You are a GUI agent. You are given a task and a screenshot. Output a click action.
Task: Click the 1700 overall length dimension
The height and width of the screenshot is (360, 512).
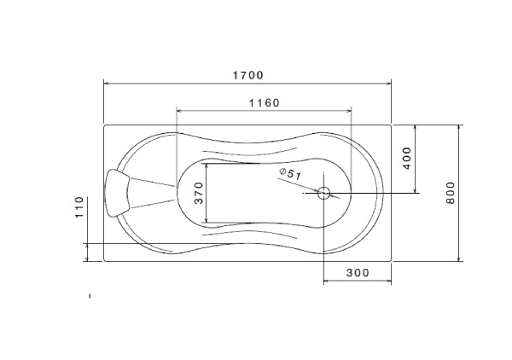tap(247, 75)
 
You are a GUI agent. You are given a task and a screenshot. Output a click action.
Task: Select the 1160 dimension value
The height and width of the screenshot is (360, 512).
tap(265, 103)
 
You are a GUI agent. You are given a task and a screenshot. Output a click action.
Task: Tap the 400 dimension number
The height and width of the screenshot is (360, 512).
tap(407, 159)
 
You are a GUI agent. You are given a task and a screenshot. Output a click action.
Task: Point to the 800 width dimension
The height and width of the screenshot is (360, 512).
tap(451, 193)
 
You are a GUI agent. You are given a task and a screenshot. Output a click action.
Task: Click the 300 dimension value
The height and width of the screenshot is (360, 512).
tap(358, 272)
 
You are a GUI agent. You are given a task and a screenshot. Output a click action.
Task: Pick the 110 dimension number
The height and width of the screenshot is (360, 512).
tap(79, 207)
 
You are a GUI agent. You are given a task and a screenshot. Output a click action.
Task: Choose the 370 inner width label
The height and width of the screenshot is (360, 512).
tap(199, 193)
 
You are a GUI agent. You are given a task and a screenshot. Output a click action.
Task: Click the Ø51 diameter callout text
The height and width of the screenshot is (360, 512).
tap(290, 174)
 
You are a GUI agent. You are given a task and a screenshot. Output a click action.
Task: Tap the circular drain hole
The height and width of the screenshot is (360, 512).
tap(323, 193)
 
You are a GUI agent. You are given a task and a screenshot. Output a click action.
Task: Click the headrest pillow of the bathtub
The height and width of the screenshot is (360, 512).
tap(117, 193)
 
